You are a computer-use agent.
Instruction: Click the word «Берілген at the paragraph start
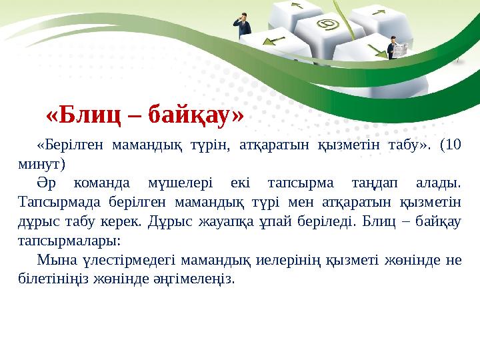tap(70, 144)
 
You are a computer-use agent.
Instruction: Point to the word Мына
tap(53, 259)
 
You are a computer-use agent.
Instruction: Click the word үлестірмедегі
tap(110, 259)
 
